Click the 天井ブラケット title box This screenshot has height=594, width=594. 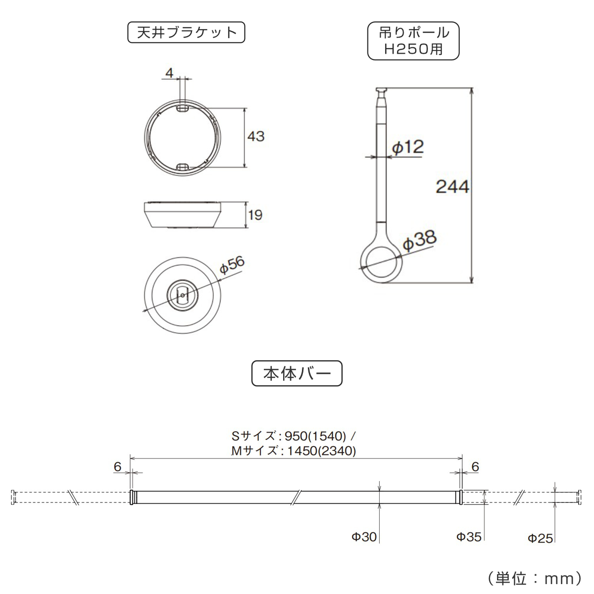186,33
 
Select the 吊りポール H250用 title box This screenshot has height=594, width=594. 413,41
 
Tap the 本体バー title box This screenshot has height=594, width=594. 297,373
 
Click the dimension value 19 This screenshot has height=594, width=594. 255,215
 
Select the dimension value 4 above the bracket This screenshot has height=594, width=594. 169,73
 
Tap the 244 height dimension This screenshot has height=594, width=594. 452,187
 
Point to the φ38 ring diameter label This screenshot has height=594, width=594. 419,241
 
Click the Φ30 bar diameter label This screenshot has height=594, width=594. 364,537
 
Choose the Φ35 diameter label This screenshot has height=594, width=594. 468,537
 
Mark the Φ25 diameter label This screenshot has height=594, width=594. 540,538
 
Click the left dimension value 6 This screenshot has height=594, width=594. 117,466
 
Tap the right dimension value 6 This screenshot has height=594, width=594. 475,466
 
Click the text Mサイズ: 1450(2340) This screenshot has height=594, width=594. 294,451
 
